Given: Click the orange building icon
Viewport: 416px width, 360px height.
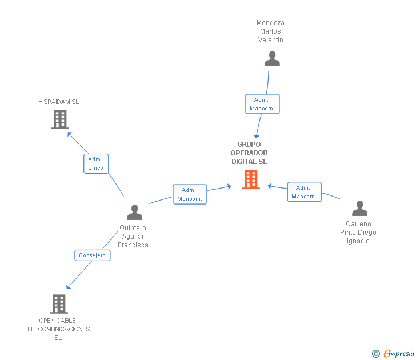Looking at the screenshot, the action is point(251,179).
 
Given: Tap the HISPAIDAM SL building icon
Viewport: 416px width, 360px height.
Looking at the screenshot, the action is point(60,119).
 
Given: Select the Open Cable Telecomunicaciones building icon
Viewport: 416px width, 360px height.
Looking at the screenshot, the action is point(59,304).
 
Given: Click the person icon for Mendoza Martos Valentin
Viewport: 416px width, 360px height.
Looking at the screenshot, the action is point(272,59).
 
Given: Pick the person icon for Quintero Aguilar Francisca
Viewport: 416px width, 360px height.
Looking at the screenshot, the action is point(134,212).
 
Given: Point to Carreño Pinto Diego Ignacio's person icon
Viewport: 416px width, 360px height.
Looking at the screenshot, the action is point(359,208).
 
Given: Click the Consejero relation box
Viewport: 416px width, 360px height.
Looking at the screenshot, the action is point(93,255).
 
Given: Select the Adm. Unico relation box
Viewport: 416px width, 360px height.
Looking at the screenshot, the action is point(96,163).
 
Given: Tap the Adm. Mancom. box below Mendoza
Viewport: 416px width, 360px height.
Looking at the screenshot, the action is point(262,104).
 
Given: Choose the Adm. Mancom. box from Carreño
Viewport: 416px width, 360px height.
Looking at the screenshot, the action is point(305,192).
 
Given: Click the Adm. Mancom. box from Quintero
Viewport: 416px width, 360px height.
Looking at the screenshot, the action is point(190,194).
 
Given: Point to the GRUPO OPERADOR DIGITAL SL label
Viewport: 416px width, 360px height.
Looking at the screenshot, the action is point(249,153).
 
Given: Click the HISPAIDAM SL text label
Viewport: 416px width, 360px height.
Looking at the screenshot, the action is point(59,102).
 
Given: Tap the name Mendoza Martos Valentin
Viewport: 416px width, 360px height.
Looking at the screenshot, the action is point(270,31).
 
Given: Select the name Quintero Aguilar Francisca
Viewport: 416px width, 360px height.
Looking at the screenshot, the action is point(133,237).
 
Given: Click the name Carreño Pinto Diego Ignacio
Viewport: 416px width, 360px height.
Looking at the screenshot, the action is point(358,233).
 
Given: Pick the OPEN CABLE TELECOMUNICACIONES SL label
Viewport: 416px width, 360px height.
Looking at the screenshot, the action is point(57,329).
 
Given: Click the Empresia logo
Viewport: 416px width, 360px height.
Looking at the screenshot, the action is point(393,353).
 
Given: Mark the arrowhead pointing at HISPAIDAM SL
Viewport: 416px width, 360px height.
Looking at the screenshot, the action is point(69,134).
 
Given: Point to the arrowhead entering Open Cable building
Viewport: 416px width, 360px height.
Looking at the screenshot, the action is point(68,287).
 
